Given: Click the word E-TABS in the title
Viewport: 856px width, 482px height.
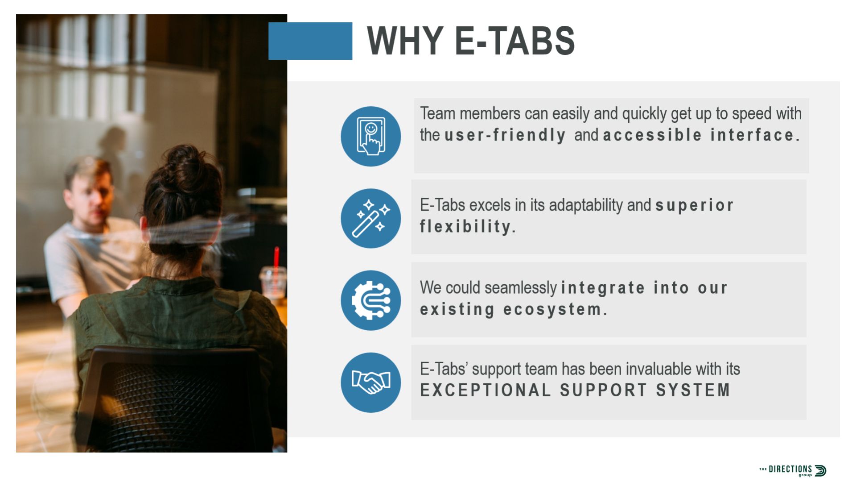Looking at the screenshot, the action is coord(515,41).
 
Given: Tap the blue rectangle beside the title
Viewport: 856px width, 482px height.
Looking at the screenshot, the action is coord(310,41).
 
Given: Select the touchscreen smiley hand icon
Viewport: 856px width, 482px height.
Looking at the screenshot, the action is coord(370,136).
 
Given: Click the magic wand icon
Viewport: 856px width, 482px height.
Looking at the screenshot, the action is coord(370,218).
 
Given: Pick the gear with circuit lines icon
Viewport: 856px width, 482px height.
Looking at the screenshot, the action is coord(370,300).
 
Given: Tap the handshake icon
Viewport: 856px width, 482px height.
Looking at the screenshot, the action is coord(370,382).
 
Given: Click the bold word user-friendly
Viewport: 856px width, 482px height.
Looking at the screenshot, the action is coord(505,135).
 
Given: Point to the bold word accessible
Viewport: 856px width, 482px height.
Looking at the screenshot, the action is coord(652,135).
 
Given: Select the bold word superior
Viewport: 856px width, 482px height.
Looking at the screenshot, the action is coord(694,205).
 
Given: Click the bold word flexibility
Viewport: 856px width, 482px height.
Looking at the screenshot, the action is coord(467,226).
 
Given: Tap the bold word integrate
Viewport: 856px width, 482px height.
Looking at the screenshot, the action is coord(603,288).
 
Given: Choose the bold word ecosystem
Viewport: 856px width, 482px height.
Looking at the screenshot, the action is coord(555,309).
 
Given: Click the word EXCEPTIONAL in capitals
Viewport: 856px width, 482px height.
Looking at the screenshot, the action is coord(486,390).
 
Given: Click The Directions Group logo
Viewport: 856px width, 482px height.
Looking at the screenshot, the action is coord(793,470).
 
